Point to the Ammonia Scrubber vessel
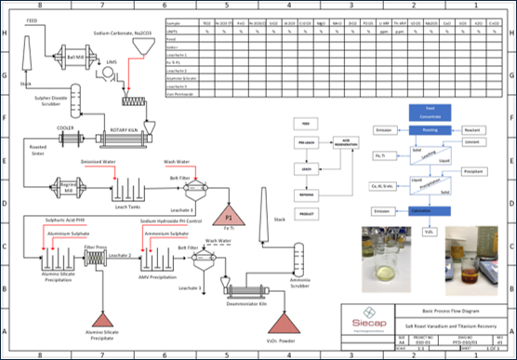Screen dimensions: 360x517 point(298,257)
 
